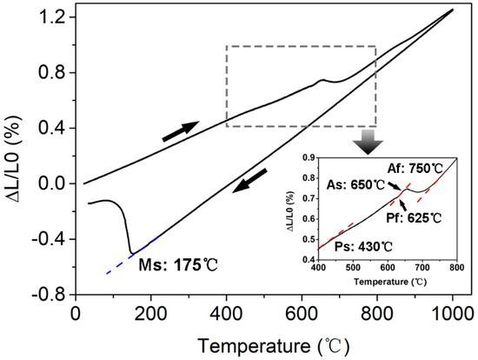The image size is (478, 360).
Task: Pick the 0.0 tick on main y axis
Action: [54, 183]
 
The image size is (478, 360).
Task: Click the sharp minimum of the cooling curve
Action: [130, 252]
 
